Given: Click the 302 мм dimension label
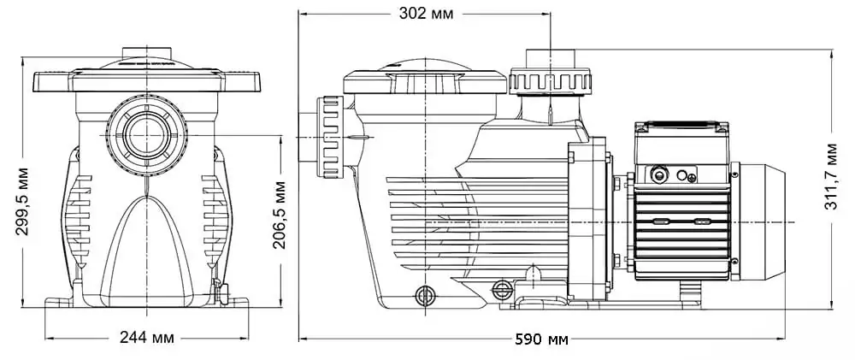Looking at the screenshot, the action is (426, 14).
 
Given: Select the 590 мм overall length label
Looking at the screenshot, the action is (541, 339).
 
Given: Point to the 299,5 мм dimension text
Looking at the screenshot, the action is (21, 201).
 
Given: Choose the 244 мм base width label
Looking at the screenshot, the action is (147, 338).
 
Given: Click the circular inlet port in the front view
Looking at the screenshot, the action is (147, 135).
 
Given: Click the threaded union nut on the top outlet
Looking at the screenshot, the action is (550, 81).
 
